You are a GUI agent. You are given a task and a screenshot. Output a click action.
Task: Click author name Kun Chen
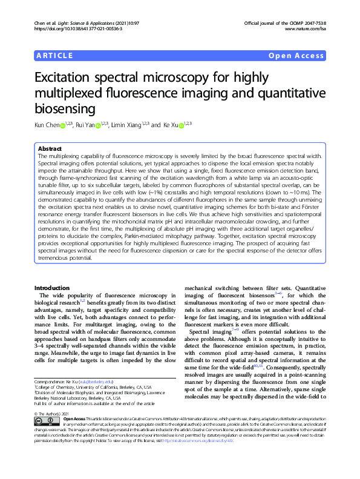(x=48, y=124)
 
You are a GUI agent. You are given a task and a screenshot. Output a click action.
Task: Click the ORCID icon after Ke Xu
(x=180, y=125)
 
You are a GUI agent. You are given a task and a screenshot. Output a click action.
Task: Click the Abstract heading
(x=50, y=148)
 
